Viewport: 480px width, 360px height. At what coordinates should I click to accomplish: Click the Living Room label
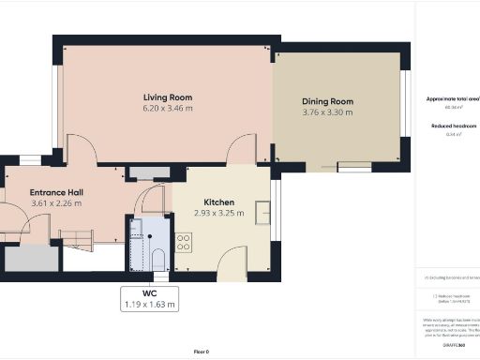pos(168,97)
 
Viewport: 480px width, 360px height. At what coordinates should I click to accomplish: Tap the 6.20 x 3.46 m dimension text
pos(168,109)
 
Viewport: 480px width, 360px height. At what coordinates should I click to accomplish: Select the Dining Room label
pos(327,101)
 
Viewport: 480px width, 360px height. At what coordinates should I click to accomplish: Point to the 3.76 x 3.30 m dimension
pos(327,112)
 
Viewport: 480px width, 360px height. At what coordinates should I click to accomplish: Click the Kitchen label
pos(218,202)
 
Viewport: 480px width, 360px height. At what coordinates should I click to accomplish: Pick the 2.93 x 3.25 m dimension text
pos(218,213)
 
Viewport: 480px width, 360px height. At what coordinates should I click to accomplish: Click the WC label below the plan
pos(150,292)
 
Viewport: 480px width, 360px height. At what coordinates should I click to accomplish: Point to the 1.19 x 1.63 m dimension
pos(150,304)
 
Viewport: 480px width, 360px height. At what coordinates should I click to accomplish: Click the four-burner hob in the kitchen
pos(183,242)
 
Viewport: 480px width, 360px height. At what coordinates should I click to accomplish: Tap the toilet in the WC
pos(157,258)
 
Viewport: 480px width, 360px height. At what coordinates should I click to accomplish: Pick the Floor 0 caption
pos(201,352)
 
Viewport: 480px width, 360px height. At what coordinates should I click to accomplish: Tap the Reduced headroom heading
pos(452,125)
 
